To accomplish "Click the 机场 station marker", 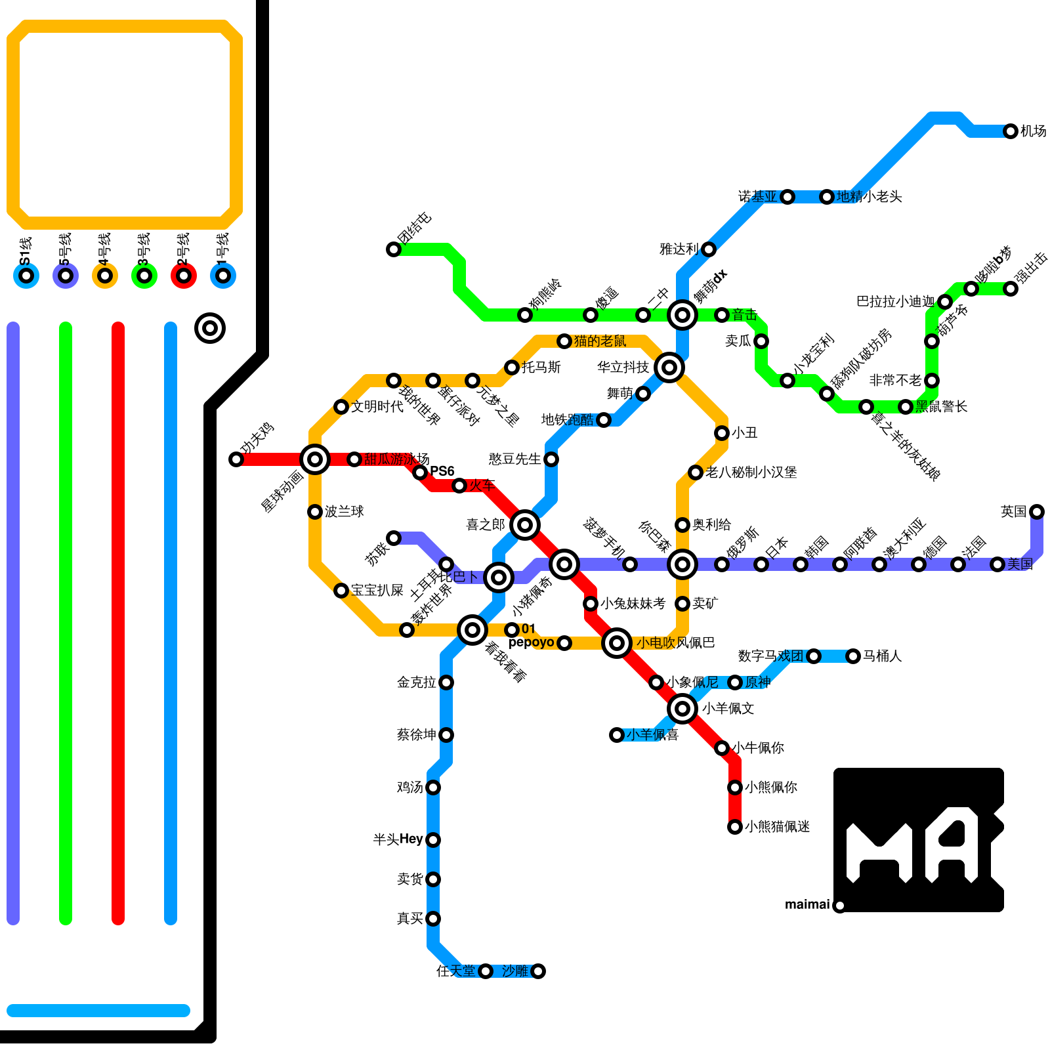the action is (x=1011, y=131).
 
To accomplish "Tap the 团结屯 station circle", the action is (x=394, y=249).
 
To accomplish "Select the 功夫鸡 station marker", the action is (x=236, y=459).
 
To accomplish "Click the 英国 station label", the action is (x=1013, y=511).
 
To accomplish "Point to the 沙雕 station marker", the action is (x=538, y=971).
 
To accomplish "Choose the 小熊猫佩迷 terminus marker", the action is (x=735, y=827).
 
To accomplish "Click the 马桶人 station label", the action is (x=882, y=656).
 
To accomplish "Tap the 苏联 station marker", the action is (x=394, y=538).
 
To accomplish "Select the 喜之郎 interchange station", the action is (x=525, y=525).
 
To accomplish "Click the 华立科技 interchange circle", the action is (x=669, y=367).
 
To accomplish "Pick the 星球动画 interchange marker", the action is (x=315, y=459).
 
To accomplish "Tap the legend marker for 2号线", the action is (x=184, y=276).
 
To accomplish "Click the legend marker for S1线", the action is (x=26, y=276).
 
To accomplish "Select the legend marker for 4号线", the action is (x=105, y=276).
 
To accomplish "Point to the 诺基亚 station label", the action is (x=757, y=197).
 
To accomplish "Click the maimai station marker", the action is (x=840, y=906).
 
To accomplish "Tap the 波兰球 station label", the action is (x=345, y=512).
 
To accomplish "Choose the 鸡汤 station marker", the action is (x=433, y=787).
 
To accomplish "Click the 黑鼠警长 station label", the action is (x=942, y=407).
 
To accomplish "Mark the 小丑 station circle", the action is (x=722, y=433).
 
